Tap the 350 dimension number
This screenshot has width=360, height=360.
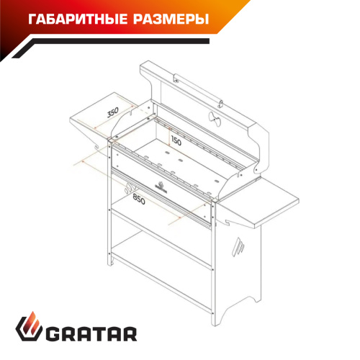coord(112,112)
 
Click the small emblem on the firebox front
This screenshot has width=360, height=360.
coord(160,192)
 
